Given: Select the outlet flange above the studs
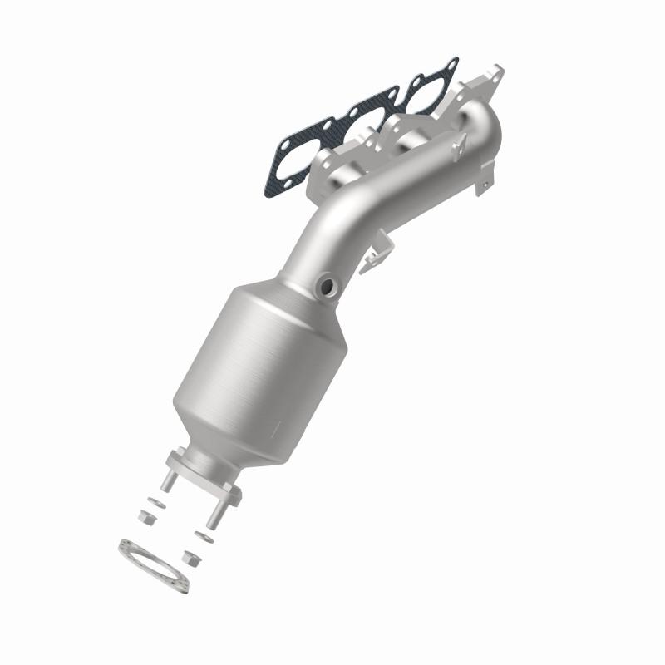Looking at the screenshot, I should coord(203,474).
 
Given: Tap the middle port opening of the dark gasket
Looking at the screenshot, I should coord(366,121).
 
